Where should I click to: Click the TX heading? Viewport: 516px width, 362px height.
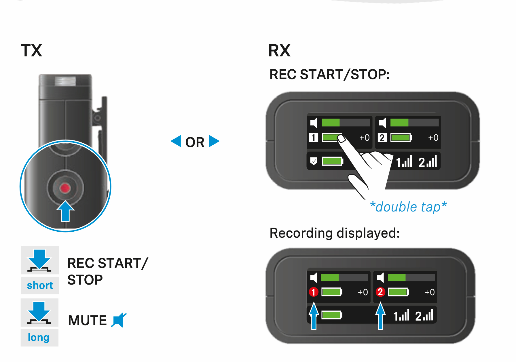pyautogui.click(x=31, y=51)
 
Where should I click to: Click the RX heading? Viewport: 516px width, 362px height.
pyautogui.click(x=279, y=51)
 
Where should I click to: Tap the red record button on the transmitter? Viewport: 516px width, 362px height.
pyautogui.click(x=65, y=188)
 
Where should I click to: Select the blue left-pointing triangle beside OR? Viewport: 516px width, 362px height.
pyautogui.click(x=176, y=141)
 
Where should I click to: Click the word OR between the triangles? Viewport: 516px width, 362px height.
pyautogui.click(x=195, y=142)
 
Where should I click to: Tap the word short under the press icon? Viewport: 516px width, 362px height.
pyautogui.click(x=40, y=285)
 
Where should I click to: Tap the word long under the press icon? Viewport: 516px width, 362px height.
pyautogui.click(x=39, y=337)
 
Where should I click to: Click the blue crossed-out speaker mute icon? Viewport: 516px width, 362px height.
pyautogui.click(x=119, y=320)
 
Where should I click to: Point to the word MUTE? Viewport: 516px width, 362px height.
pyautogui.click(x=88, y=320)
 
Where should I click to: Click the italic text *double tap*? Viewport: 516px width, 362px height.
pyautogui.click(x=408, y=207)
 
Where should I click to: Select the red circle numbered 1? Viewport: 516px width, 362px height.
pyautogui.click(x=314, y=292)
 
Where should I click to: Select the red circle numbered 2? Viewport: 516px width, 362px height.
pyautogui.click(x=380, y=292)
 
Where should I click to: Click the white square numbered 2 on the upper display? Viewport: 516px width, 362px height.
pyautogui.click(x=382, y=138)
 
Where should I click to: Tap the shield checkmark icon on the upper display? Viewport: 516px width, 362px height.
pyautogui.click(x=314, y=161)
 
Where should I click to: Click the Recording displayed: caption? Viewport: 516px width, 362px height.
pyautogui.click(x=335, y=233)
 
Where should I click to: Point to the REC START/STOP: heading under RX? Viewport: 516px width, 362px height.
pyautogui.click(x=329, y=75)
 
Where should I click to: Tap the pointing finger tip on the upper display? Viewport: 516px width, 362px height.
pyautogui.click(x=341, y=139)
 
